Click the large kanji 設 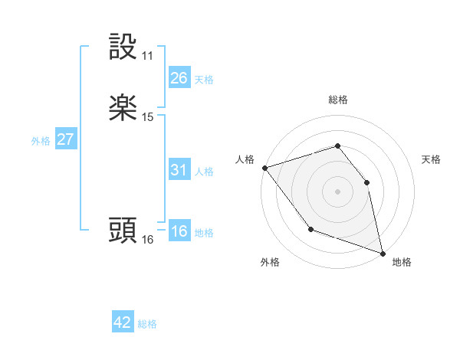pos(123,47)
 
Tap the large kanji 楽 pos(123,108)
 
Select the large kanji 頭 pos(123,231)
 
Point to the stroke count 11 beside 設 pos(147,56)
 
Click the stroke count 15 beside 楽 pos(148,117)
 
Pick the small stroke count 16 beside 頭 pos(148,240)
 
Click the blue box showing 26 pos(179,77)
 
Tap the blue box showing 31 pos(179,170)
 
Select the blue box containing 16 pos(179,231)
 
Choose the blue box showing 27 pos(65,139)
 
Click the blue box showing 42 pos(123,322)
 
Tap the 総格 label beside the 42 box pos(147,324)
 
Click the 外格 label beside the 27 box pos(41,141)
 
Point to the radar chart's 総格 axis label pos(338,100)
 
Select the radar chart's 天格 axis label pos(431,159)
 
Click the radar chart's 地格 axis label pos(402,263)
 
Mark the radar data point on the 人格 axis pos(264,168)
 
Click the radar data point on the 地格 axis pos(383,253)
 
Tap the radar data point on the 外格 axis pos(310,229)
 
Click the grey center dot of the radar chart pos(337,191)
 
